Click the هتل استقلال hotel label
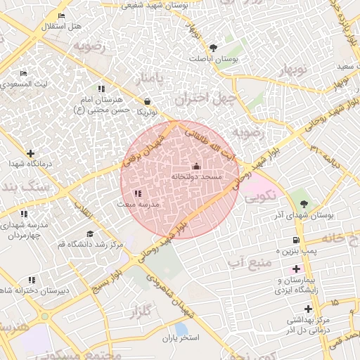(62, 26)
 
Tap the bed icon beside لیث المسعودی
(24, 73)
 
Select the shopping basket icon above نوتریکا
(147, 101)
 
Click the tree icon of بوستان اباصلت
(214, 47)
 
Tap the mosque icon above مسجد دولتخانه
(195, 167)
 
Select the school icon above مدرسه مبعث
(137, 193)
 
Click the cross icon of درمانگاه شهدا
(30, 153)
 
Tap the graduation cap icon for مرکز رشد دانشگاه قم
(90, 234)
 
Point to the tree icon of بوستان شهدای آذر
(304, 204)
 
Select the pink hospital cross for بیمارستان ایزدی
(297, 269)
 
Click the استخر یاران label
(181, 337)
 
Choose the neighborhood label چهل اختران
(214, 99)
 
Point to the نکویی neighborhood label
(262, 198)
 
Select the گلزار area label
(142, 310)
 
